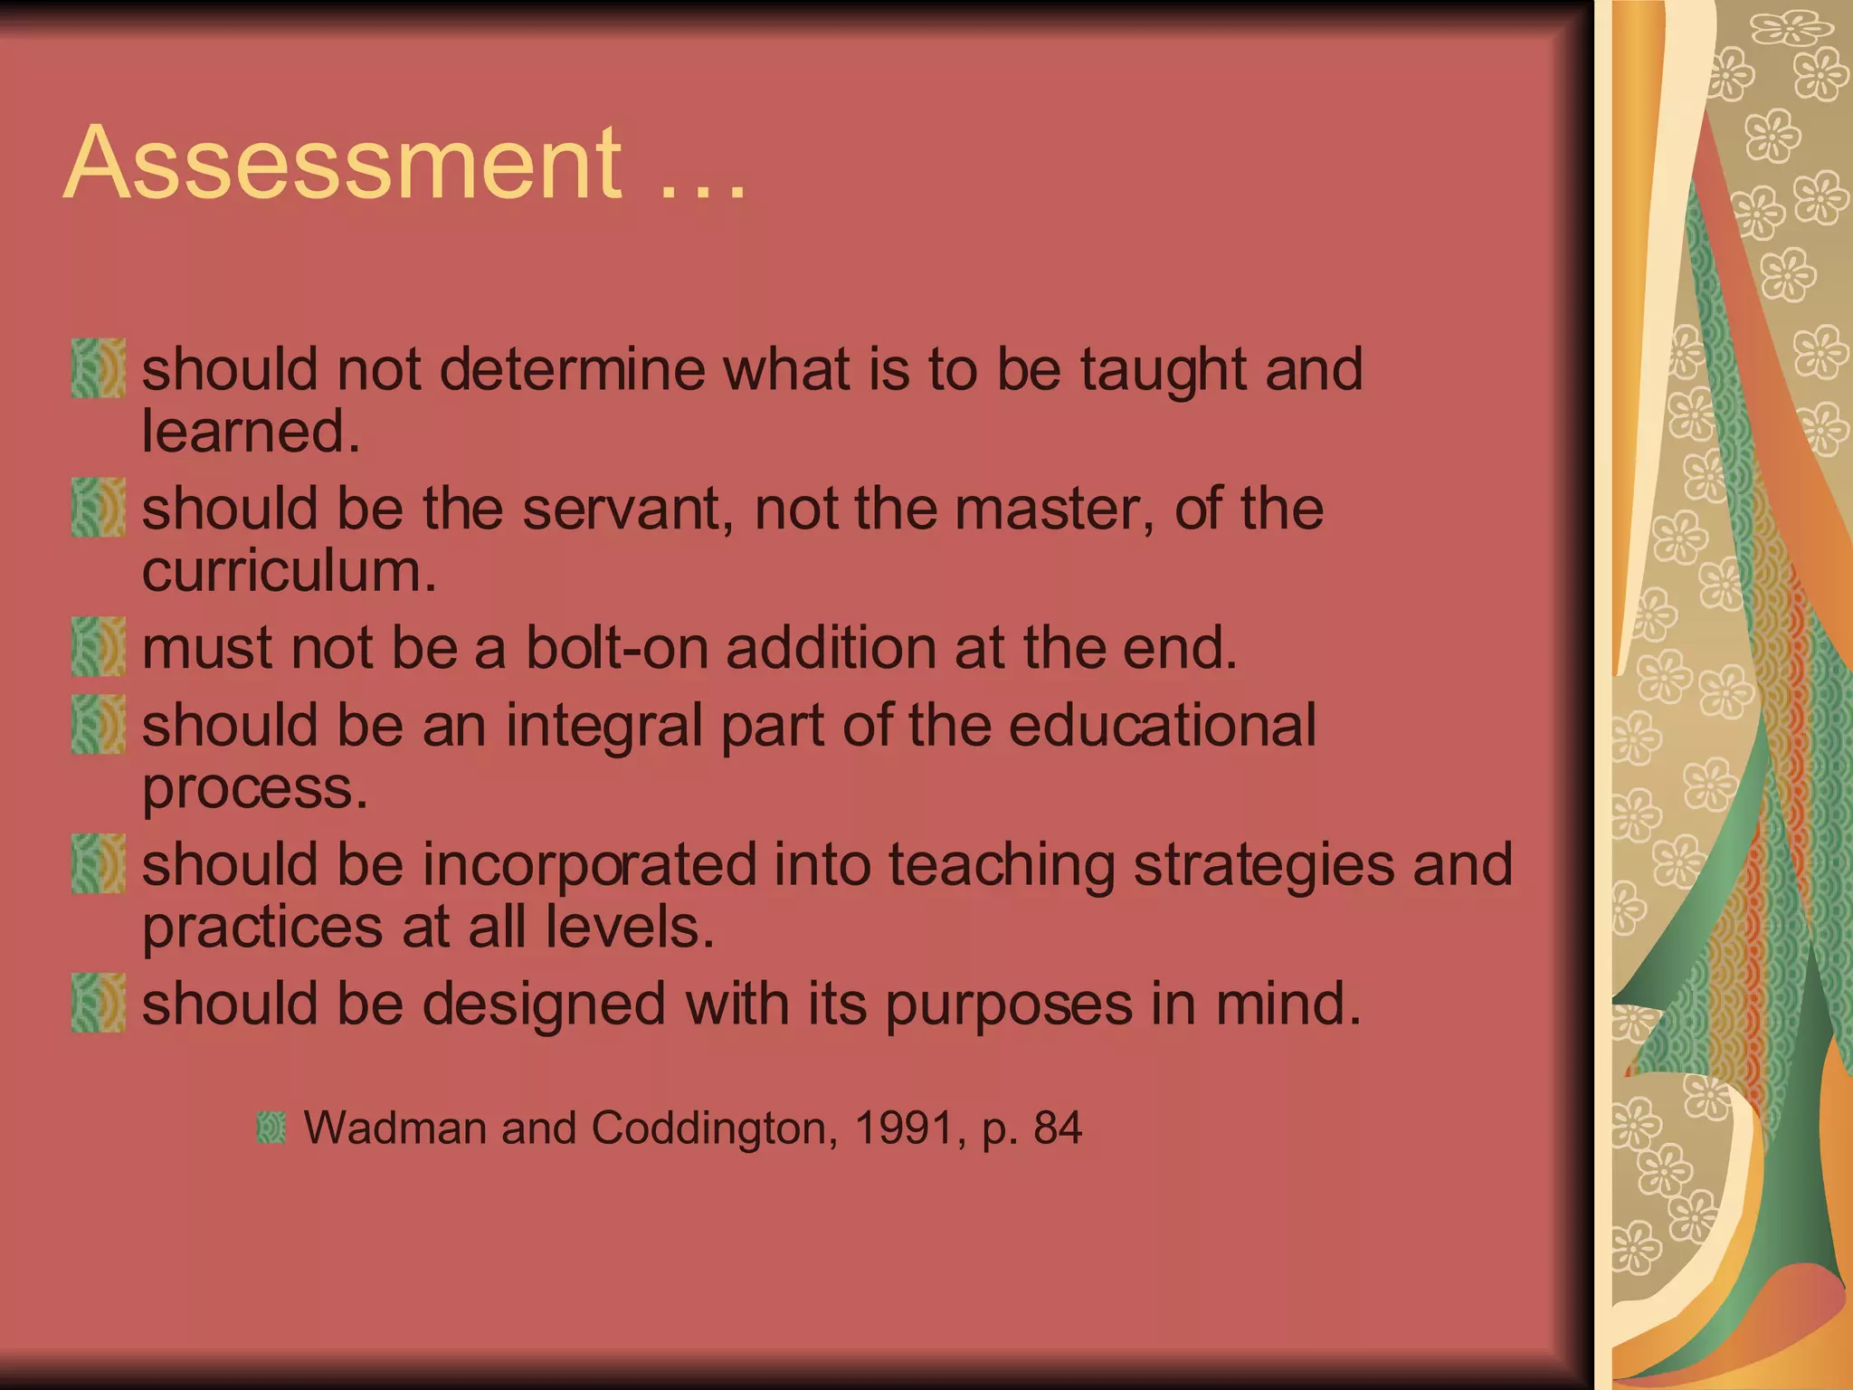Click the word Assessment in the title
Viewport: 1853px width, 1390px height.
[343, 164]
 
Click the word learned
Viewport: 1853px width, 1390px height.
[251, 432]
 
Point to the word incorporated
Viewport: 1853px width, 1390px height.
[589, 865]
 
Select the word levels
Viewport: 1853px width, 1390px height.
[630, 928]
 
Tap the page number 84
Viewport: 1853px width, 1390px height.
[1058, 1128]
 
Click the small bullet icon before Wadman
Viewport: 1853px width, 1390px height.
[271, 1128]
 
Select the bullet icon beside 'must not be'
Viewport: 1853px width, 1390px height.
[98, 647]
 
